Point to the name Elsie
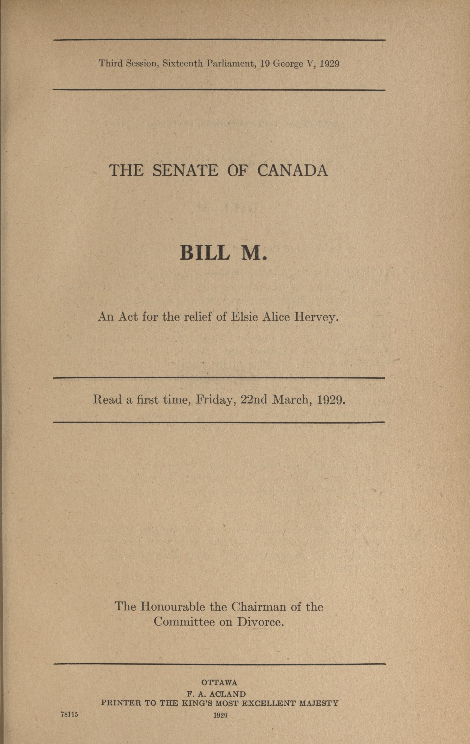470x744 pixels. [x=244, y=317]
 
